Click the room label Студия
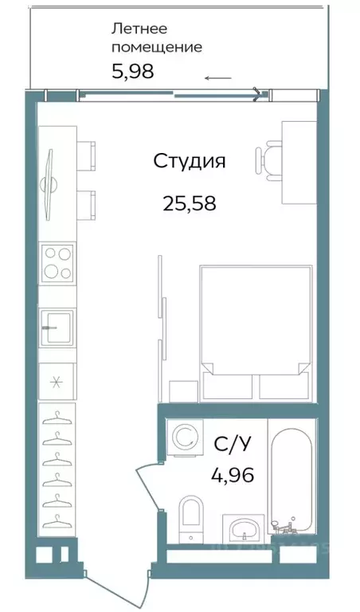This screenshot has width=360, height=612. (190, 161)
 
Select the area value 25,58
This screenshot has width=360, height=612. (190, 203)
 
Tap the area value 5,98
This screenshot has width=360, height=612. (131, 72)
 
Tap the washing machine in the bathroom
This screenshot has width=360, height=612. (183, 437)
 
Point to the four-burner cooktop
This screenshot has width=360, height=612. (57, 263)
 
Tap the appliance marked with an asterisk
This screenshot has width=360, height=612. (57, 381)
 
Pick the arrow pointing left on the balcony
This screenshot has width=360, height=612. (217, 78)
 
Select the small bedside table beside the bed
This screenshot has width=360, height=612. (182, 390)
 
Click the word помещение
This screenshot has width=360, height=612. (156, 47)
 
